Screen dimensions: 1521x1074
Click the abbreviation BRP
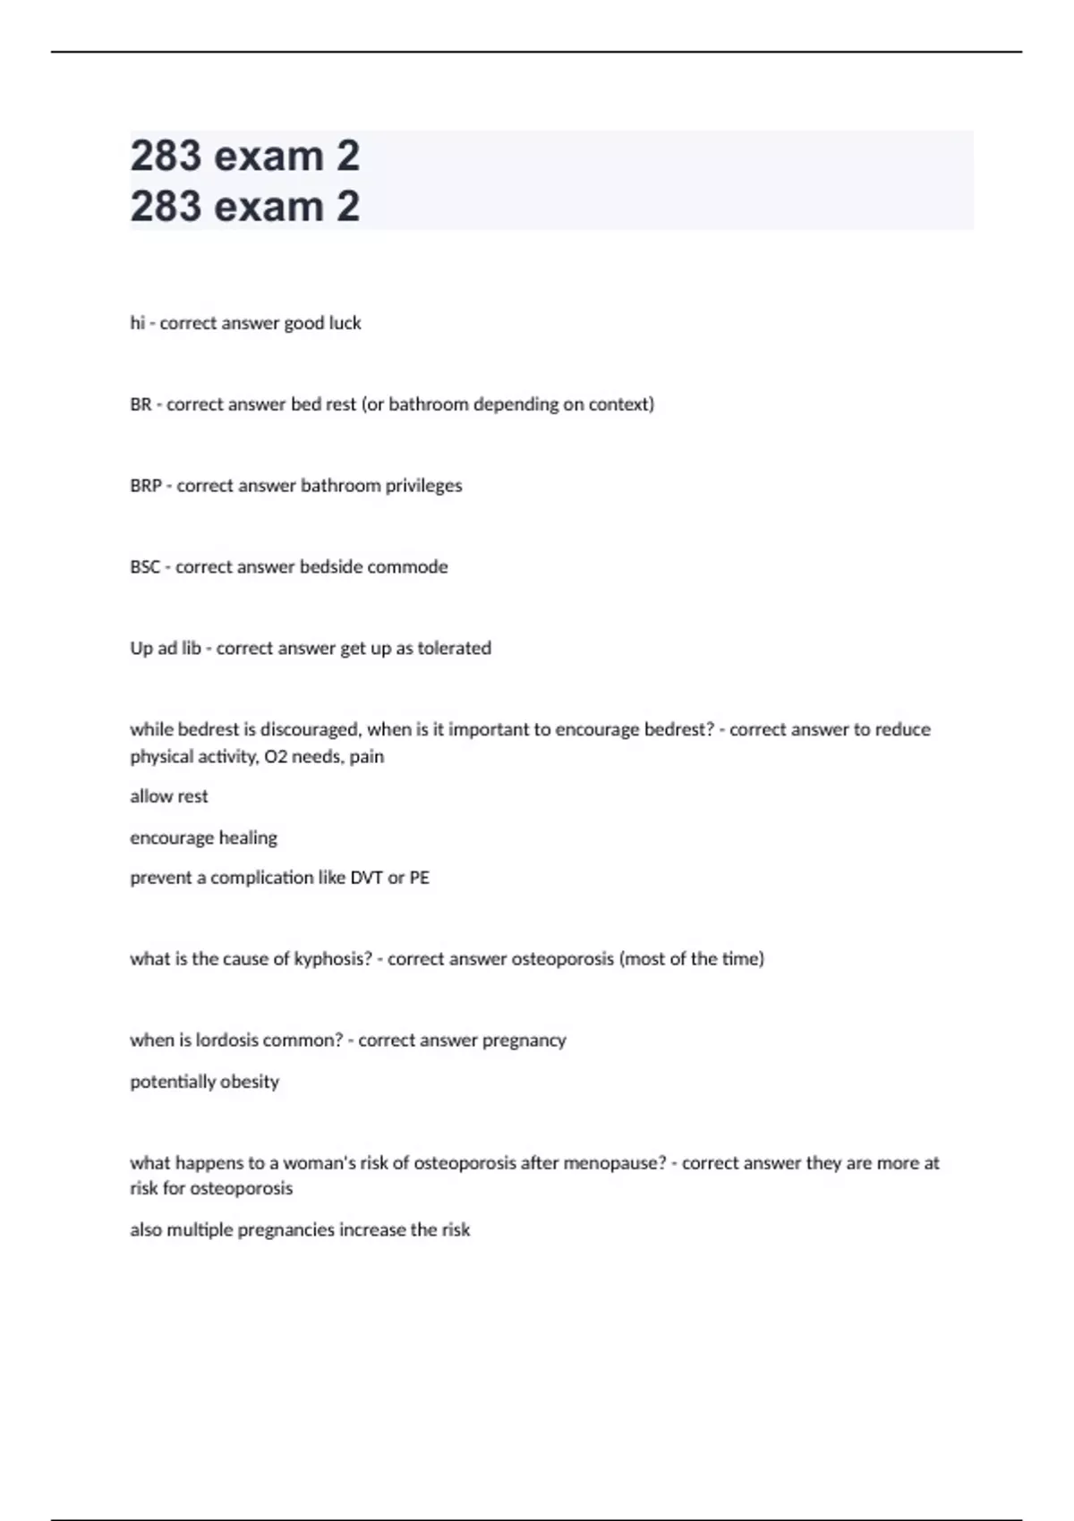click(x=146, y=486)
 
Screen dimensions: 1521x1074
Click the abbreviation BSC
click(x=145, y=567)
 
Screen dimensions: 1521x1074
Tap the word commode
click(x=407, y=567)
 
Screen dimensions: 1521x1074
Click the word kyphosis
click(x=333, y=959)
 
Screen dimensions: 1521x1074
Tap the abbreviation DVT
click(x=367, y=878)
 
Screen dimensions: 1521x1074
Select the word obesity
click(x=250, y=1082)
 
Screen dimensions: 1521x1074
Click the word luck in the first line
click(x=345, y=323)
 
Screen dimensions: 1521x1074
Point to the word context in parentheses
click(x=621, y=404)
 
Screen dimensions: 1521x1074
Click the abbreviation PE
click(x=419, y=878)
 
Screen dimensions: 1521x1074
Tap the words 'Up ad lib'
click(x=166, y=649)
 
